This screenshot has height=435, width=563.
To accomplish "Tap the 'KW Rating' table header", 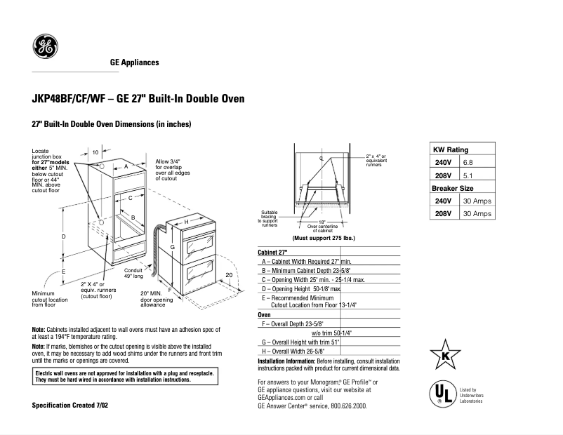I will (451, 149).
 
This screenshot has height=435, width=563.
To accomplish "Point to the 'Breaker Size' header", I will (453, 188).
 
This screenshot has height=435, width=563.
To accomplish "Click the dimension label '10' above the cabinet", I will (95, 152).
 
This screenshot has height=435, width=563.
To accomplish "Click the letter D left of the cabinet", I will (63, 236).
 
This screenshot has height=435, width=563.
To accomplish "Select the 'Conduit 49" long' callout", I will (133, 273).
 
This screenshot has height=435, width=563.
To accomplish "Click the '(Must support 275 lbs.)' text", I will (324, 239).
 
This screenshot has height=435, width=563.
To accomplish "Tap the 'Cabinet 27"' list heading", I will (273, 252).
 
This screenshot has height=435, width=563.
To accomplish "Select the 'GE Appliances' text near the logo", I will (134, 62).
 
